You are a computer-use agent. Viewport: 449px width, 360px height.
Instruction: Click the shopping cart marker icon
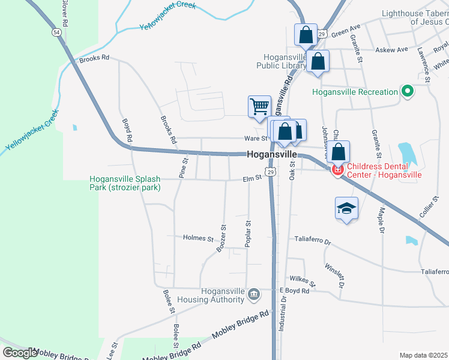click(259, 107)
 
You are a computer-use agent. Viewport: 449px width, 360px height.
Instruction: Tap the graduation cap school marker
click(346, 208)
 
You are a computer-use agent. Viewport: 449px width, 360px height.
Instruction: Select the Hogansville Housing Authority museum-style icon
click(253, 293)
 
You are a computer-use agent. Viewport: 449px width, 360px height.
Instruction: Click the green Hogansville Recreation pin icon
click(408, 92)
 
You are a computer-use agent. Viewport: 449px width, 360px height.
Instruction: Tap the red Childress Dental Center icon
click(337, 170)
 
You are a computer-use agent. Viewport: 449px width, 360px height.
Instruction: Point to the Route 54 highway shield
click(56, 31)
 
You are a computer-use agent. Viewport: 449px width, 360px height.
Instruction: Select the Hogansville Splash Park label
click(125, 183)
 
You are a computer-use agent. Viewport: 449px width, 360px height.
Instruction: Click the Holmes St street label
click(198, 238)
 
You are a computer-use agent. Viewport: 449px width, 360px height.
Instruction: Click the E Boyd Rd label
click(294, 291)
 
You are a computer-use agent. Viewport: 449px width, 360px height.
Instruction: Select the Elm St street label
click(253, 178)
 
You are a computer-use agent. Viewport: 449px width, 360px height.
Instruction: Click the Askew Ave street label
click(391, 49)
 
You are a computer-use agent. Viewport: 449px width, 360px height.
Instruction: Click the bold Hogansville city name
click(272, 155)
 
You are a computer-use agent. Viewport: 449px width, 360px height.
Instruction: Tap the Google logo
click(19, 353)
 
